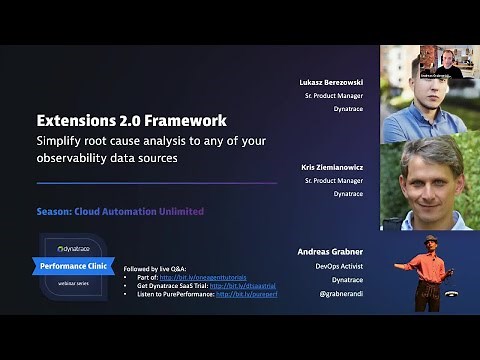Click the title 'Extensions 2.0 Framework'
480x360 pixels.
click(132, 120)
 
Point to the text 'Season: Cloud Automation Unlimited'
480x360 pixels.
click(120, 211)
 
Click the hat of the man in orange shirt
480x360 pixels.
click(432, 239)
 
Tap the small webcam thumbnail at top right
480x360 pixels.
click(441, 61)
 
